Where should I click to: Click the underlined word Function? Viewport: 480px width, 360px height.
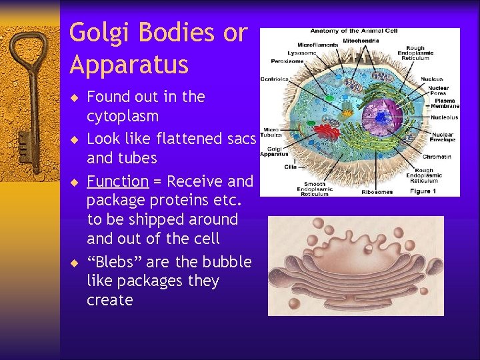(x=117, y=181)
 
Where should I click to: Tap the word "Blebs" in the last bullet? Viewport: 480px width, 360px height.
(x=114, y=262)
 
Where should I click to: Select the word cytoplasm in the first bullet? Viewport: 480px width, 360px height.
(x=123, y=117)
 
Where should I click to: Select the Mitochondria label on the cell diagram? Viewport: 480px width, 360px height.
(x=361, y=41)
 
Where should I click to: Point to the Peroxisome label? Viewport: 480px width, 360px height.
(x=287, y=61)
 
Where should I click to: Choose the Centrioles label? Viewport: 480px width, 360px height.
(x=275, y=79)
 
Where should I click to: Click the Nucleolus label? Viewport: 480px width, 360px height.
(x=444, y=117)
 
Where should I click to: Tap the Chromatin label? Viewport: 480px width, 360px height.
(x=437, y=157)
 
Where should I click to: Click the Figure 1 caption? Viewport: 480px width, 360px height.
(x=425, y=191)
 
